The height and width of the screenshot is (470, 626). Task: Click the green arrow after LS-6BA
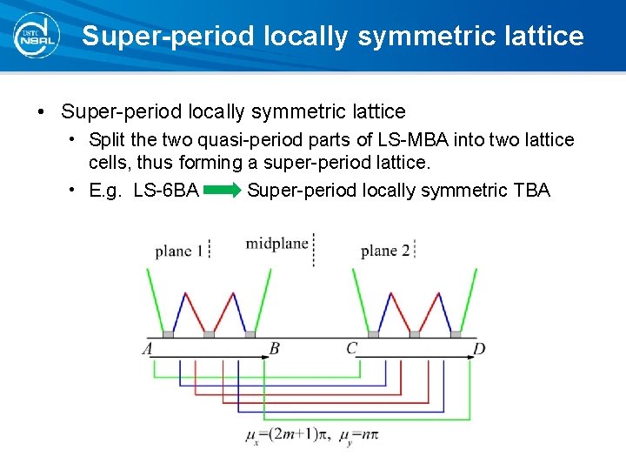223,190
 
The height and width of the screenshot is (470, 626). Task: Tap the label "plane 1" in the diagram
179,251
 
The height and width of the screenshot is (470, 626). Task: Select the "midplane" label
276,243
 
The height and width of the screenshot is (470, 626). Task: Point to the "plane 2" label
385,251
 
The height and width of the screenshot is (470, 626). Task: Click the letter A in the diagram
147,349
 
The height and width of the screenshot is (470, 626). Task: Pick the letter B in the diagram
274,349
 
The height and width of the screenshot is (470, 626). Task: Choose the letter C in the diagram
351,349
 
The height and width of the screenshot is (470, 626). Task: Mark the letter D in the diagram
479,349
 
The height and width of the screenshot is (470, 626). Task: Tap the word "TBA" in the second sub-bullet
531,190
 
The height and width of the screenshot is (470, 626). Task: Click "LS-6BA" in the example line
166,190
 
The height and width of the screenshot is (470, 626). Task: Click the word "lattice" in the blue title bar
539,36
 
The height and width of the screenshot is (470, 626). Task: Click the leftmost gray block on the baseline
168,333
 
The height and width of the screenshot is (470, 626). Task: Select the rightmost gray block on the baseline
456,333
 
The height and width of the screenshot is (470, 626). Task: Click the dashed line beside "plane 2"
416,250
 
